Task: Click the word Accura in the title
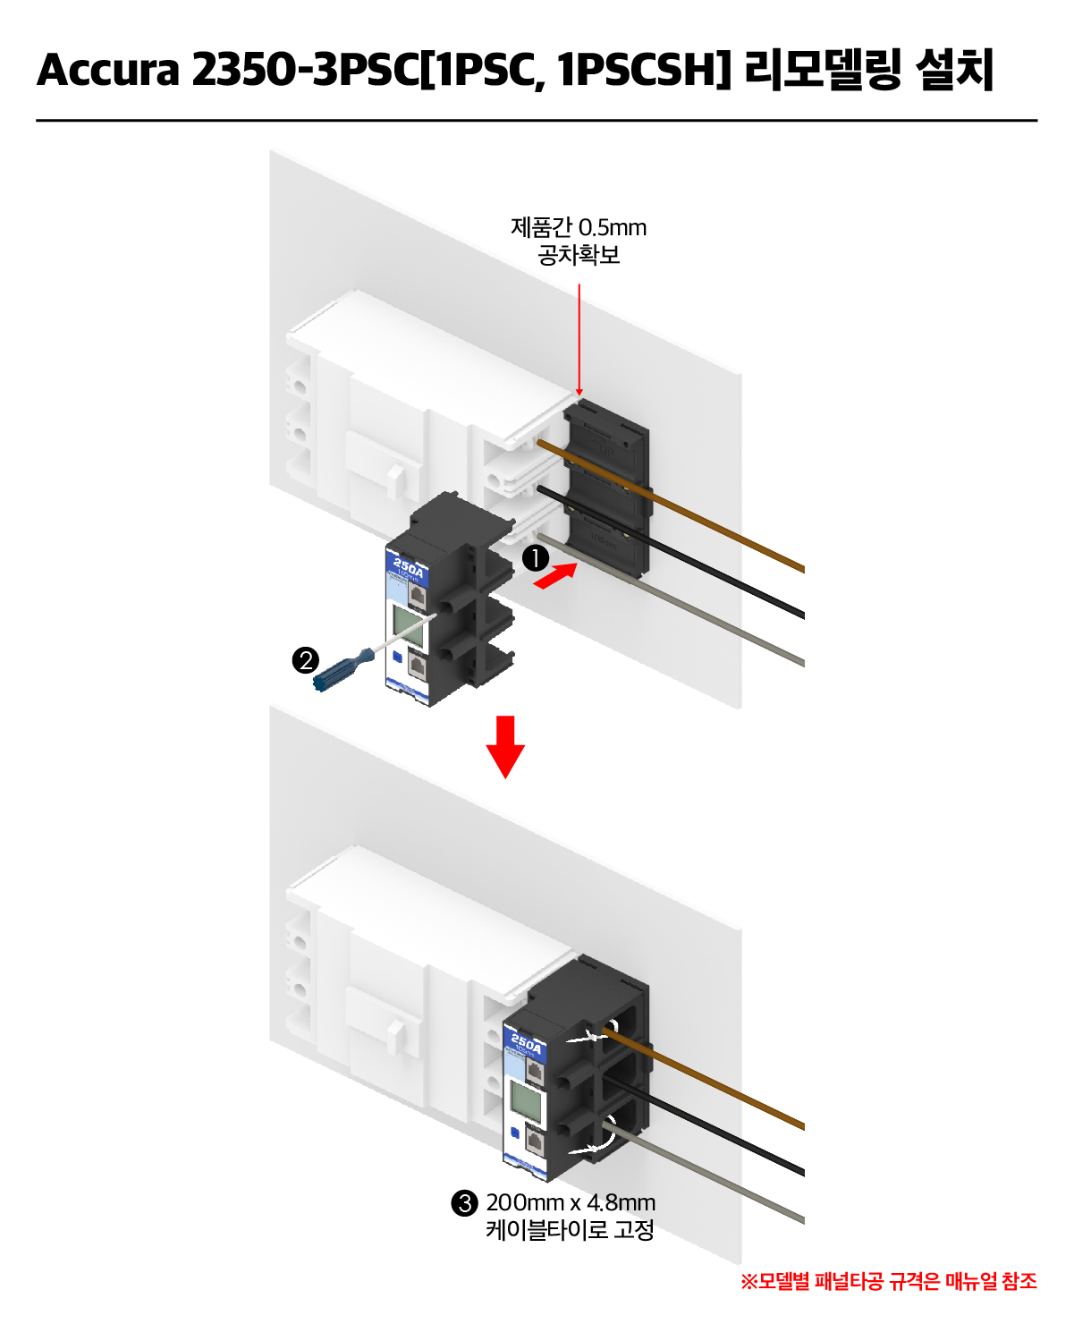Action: click(x=108, y=70)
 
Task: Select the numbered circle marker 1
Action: click(x=535, y=558)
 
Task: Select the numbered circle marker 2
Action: click(x=306, y=660)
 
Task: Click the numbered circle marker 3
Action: click(x=464, y=1203)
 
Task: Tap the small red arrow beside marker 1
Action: click(x=554, y=576)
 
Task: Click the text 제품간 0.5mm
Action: click(x=579, y=227)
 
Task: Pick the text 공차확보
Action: click(x=579, y=256)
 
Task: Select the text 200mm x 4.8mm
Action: click(x=571, y=1202)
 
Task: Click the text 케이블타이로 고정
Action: click(x=571, y=1230)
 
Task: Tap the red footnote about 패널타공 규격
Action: click(x=889, y=1281)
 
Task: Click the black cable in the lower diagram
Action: click(x=715, y=1129)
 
